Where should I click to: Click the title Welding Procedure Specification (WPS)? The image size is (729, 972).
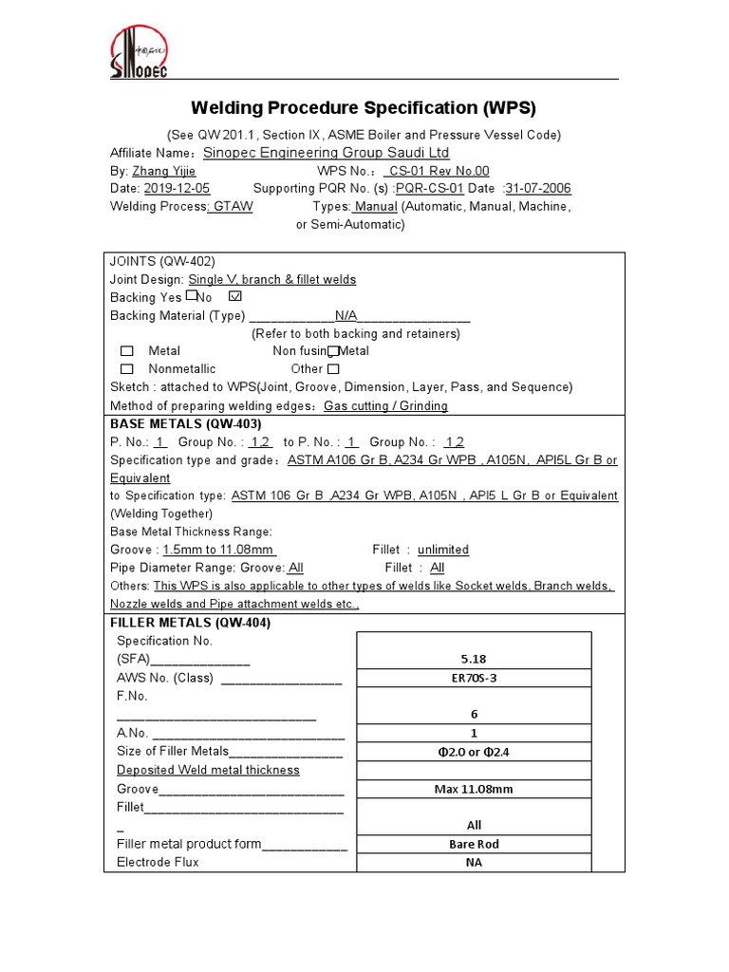pos(364,107)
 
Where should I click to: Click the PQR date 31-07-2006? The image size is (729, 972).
pos(538,188)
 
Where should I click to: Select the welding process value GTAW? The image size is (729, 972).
pos(233,206)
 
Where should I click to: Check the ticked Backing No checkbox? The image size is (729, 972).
pos(235,296)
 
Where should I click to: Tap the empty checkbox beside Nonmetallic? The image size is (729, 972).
pos(127,368)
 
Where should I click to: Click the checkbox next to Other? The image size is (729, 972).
pos(333,368)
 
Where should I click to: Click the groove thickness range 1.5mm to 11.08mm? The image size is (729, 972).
pos(219,550)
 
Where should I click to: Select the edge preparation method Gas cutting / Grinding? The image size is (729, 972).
pos(385,405)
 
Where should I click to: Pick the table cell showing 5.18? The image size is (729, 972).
pos(474,658)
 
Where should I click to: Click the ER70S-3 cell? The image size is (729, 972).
pos(474,678)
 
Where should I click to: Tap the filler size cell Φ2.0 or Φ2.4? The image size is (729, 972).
pos(474,752)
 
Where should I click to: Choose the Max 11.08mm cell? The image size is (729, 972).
pos(474,789)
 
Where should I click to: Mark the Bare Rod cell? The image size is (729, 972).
pos(474,844)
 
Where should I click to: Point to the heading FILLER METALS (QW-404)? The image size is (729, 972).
pos(191,623)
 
